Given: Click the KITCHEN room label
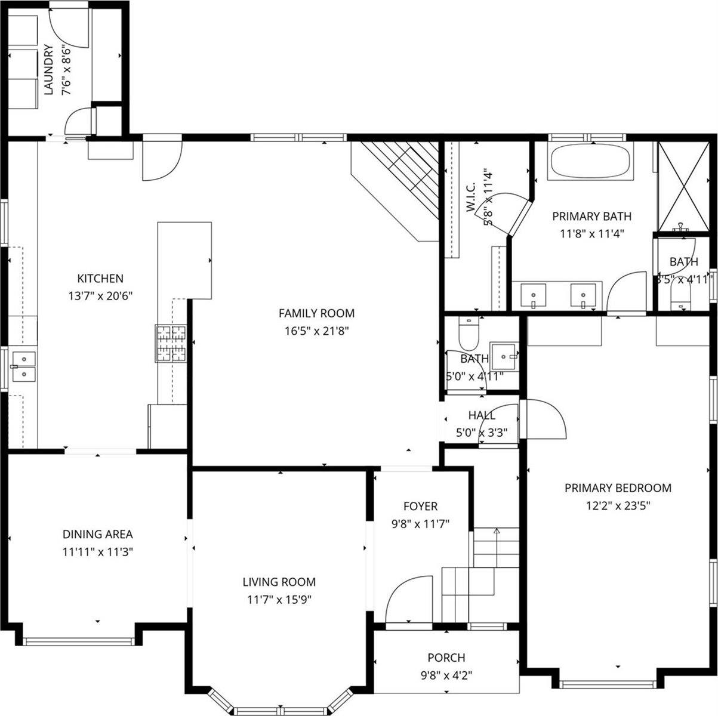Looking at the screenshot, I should (100, 279).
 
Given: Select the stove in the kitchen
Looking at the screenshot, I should (171, 344).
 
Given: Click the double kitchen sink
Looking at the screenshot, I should (24, 366).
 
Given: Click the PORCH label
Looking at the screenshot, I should (446, 658).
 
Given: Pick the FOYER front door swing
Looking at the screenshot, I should (409, 600).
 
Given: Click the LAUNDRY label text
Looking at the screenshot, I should (50, 70).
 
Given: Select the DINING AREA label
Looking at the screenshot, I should (98, 535).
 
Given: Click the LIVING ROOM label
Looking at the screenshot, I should (279, 582).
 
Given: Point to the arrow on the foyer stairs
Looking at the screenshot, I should (497, 530).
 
